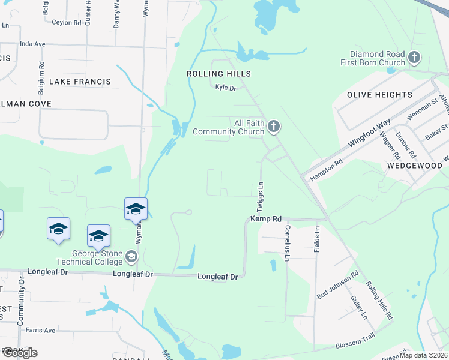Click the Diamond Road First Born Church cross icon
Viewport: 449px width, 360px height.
[x=414, y=58]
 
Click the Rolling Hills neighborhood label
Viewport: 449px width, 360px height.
[x=218, y=73]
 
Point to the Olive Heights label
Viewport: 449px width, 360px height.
[x=379, y=95]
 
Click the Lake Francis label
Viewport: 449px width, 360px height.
[x=80, y=81]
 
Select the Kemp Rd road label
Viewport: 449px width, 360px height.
[x=266, y=220]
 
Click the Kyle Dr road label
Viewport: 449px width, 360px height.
[x=226, y=88]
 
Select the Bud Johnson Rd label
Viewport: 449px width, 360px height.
[x=337, y=284]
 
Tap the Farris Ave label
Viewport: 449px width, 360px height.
[x=40, y=330]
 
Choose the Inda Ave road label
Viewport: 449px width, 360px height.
[x=32, y=44]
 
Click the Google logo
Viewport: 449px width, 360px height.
[x=19, y=352]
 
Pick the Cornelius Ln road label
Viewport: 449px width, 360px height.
[x=288, y=242]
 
